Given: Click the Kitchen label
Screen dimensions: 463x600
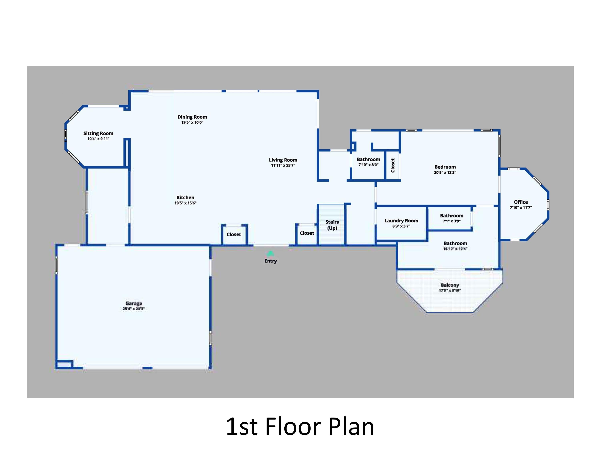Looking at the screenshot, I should click(185, 198).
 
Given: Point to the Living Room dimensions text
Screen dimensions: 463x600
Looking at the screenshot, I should click(283, 165).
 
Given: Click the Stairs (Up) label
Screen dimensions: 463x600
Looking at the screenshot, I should click(332, 225).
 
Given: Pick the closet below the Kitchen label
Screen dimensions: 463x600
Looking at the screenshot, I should click(234, 235).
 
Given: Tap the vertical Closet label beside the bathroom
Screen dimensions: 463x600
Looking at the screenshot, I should click(393, 165).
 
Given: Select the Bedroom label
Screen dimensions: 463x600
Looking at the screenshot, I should click(445, 167).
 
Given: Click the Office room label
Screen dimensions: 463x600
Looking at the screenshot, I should click(521, 202).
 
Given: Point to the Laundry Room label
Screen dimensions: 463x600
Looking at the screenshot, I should click(401, 221).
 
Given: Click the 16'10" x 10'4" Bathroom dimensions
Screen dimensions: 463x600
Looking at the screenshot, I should click(455, 249).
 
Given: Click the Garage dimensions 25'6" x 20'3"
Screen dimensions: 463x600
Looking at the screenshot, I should click(134, 309).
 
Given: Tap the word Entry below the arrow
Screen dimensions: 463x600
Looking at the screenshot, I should click(270, 261).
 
